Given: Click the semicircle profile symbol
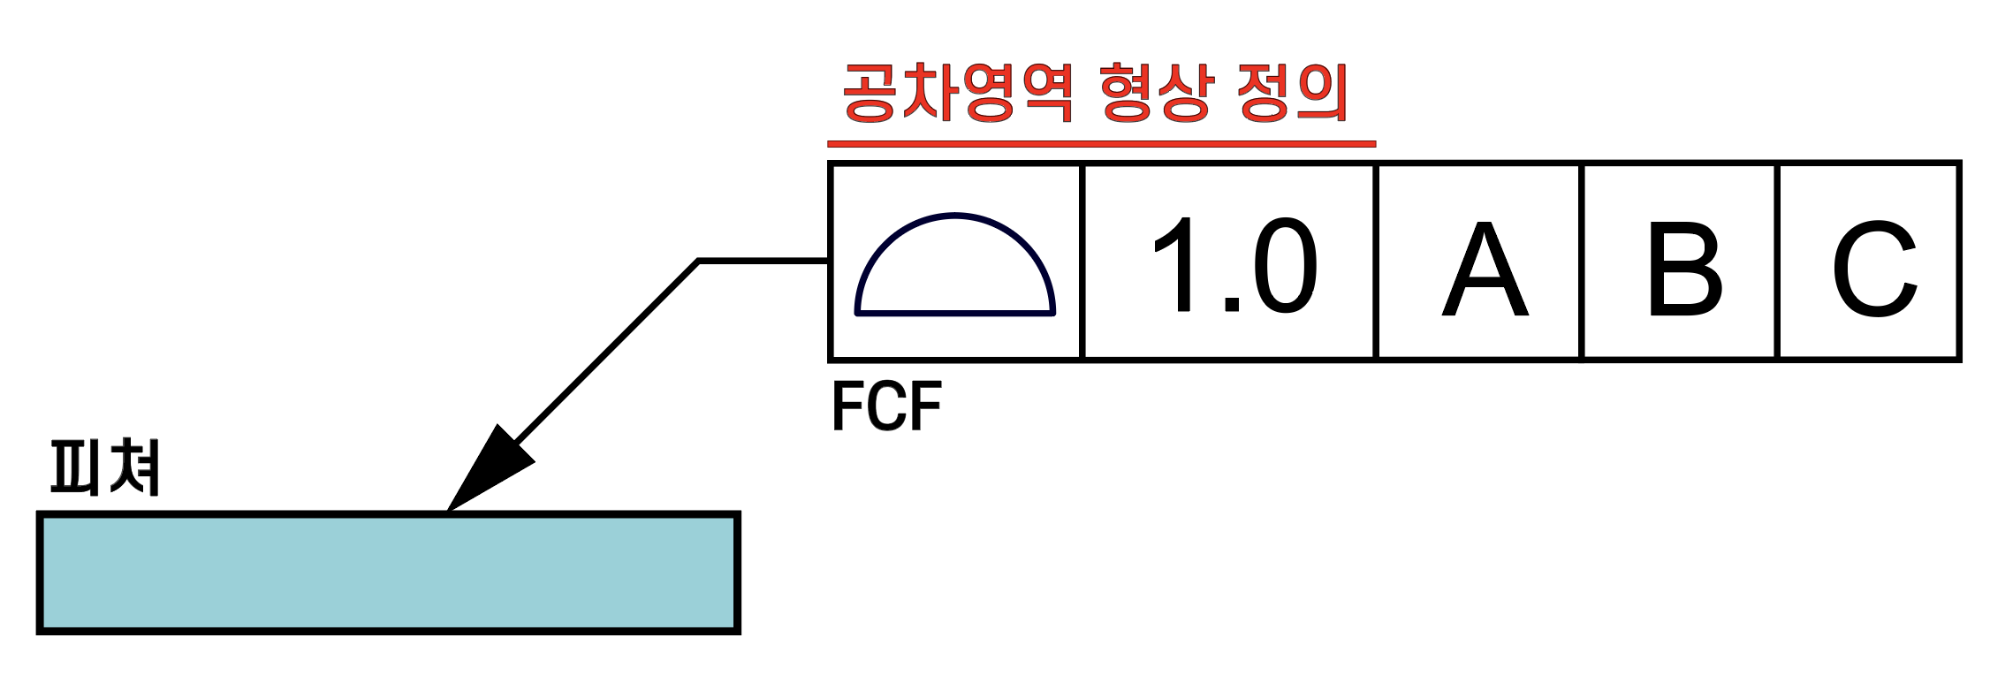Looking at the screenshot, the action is click(954, 265).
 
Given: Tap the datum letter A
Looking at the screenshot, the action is click(1485, 270).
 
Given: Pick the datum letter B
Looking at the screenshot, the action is click(1683, 270).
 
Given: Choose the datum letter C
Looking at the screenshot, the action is click(1873, 270).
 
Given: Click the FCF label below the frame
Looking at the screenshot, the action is click(886, 406).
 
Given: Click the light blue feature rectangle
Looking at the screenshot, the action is click(389, 573).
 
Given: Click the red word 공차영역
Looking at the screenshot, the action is click(958, 93).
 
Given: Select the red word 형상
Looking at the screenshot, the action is click(1154, 93).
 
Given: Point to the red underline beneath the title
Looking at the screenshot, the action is click(1101, 143).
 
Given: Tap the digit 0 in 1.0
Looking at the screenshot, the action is click(1284, 265).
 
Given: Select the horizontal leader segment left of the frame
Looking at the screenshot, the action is click(763, 261).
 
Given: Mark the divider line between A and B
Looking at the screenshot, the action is click(1582, 262).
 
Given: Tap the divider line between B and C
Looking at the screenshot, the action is click(1777, 262).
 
